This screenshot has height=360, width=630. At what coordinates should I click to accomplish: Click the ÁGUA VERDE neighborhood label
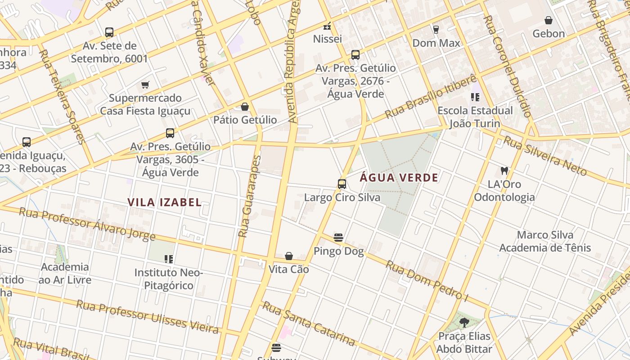pyautogui.click(x=399, y=177)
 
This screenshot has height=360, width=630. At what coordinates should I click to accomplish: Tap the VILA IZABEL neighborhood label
pyautogui.click(x=164, y=202)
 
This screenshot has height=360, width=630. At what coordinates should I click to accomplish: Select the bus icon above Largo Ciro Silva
pyautogui.click(x=342, y=184)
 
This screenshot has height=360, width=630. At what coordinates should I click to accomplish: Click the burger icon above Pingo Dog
pyautogui.click(x=338, y=238)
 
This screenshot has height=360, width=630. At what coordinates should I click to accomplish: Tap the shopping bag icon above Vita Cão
pyautogui.click(x=289, y=256)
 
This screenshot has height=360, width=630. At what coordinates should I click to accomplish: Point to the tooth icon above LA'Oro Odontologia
pyautogui.click(x=504, y=171)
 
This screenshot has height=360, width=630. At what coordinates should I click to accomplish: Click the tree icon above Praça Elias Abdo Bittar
pyautogui.click(x=464, y=323)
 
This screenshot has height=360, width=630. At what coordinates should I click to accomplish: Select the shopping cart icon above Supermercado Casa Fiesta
pyautogui.click(x=145, y=85)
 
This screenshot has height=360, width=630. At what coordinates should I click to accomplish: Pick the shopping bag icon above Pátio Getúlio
pyautogui.click(x=245, y=107)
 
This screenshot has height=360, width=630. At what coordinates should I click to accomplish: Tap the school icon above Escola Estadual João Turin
pyautogui.click(x=475, y=97)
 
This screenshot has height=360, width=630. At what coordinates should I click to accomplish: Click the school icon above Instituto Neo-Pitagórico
pyautogui.click(x=169, y=259)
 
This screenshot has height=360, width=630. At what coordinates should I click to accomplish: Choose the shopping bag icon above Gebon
pyautogui.click(x=548, y=20)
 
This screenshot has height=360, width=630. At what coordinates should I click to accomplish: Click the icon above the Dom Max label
pyautogui.click(x=436, y=30)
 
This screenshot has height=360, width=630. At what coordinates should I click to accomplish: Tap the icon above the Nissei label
pyautogui.click(x=327, y=26)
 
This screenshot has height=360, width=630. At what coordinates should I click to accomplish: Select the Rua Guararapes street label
pyautogui.click(x=250, y=196)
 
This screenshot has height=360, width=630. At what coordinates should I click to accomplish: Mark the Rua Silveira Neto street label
pyautogui.click(x=545, y=156)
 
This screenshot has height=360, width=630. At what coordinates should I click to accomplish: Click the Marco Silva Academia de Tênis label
pyautogui.click(x=545, y=241)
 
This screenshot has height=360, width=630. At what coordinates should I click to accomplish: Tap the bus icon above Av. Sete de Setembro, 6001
pyautogui.click(x=109, y=32)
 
